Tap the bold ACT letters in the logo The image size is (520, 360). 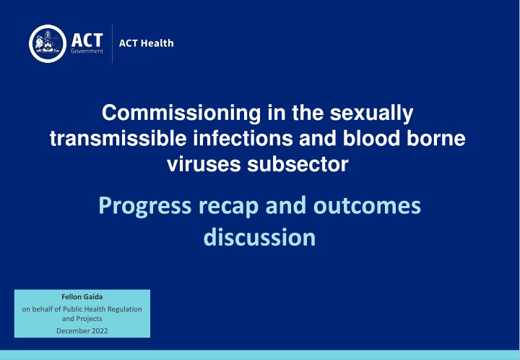pyautogui.click(x=87, y=37)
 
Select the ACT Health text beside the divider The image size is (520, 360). pyautogui.click(x=147, y=43)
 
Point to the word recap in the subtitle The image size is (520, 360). pyautogui.click(x=222, y=207)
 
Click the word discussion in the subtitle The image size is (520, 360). pyautogui.click(x=259, y=237)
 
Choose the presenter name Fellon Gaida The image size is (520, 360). pyautogui.click(x=82, y=296)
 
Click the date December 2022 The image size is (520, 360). pyautogui.click(x=82, y=330)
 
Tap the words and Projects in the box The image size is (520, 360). pyautogui.click(x=82, y=318)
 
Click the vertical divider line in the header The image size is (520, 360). pyautogui.click(x=112, y=43)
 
